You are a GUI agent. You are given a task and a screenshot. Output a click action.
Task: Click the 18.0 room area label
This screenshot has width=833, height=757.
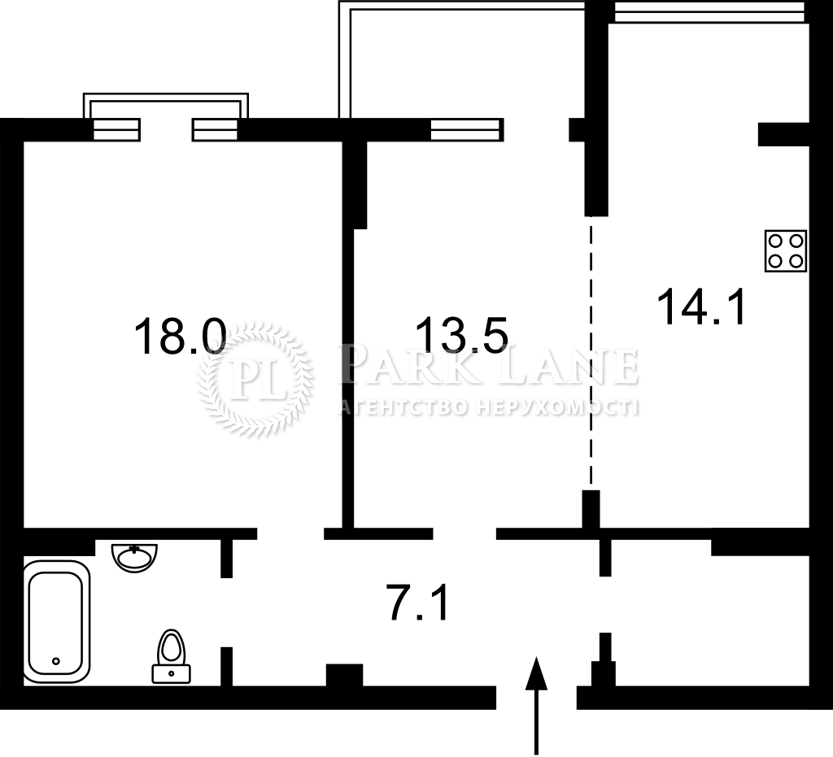pos(180,336)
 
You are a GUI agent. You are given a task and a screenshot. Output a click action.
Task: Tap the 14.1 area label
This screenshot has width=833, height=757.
pos(701,307)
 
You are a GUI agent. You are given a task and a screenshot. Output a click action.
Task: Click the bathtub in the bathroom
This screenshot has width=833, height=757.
pos(57,622)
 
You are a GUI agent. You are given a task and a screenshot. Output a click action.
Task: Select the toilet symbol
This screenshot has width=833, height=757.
pos(171,656)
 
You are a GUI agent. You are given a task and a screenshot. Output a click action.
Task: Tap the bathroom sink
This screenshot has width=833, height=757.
pos(135,557)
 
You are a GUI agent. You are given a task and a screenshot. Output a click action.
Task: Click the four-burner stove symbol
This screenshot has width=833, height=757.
pos(786,251)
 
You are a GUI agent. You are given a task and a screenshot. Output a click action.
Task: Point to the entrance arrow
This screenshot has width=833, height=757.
pos(536,706)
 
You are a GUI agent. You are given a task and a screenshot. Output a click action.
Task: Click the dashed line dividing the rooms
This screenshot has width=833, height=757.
pos(591,353)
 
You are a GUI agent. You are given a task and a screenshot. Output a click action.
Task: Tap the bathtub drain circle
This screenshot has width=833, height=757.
pos(56,661)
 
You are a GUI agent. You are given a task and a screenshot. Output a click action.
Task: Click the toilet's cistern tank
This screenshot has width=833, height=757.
pos(171,673)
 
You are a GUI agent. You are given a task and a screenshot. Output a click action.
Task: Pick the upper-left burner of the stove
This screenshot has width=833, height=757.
pos(775,241)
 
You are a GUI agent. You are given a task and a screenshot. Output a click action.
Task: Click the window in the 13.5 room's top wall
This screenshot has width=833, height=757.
pos(466,129)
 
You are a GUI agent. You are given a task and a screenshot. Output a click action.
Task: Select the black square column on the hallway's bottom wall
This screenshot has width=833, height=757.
pos(344,675)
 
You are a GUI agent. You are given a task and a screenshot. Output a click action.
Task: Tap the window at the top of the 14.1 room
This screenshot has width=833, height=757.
pos(709,11)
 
